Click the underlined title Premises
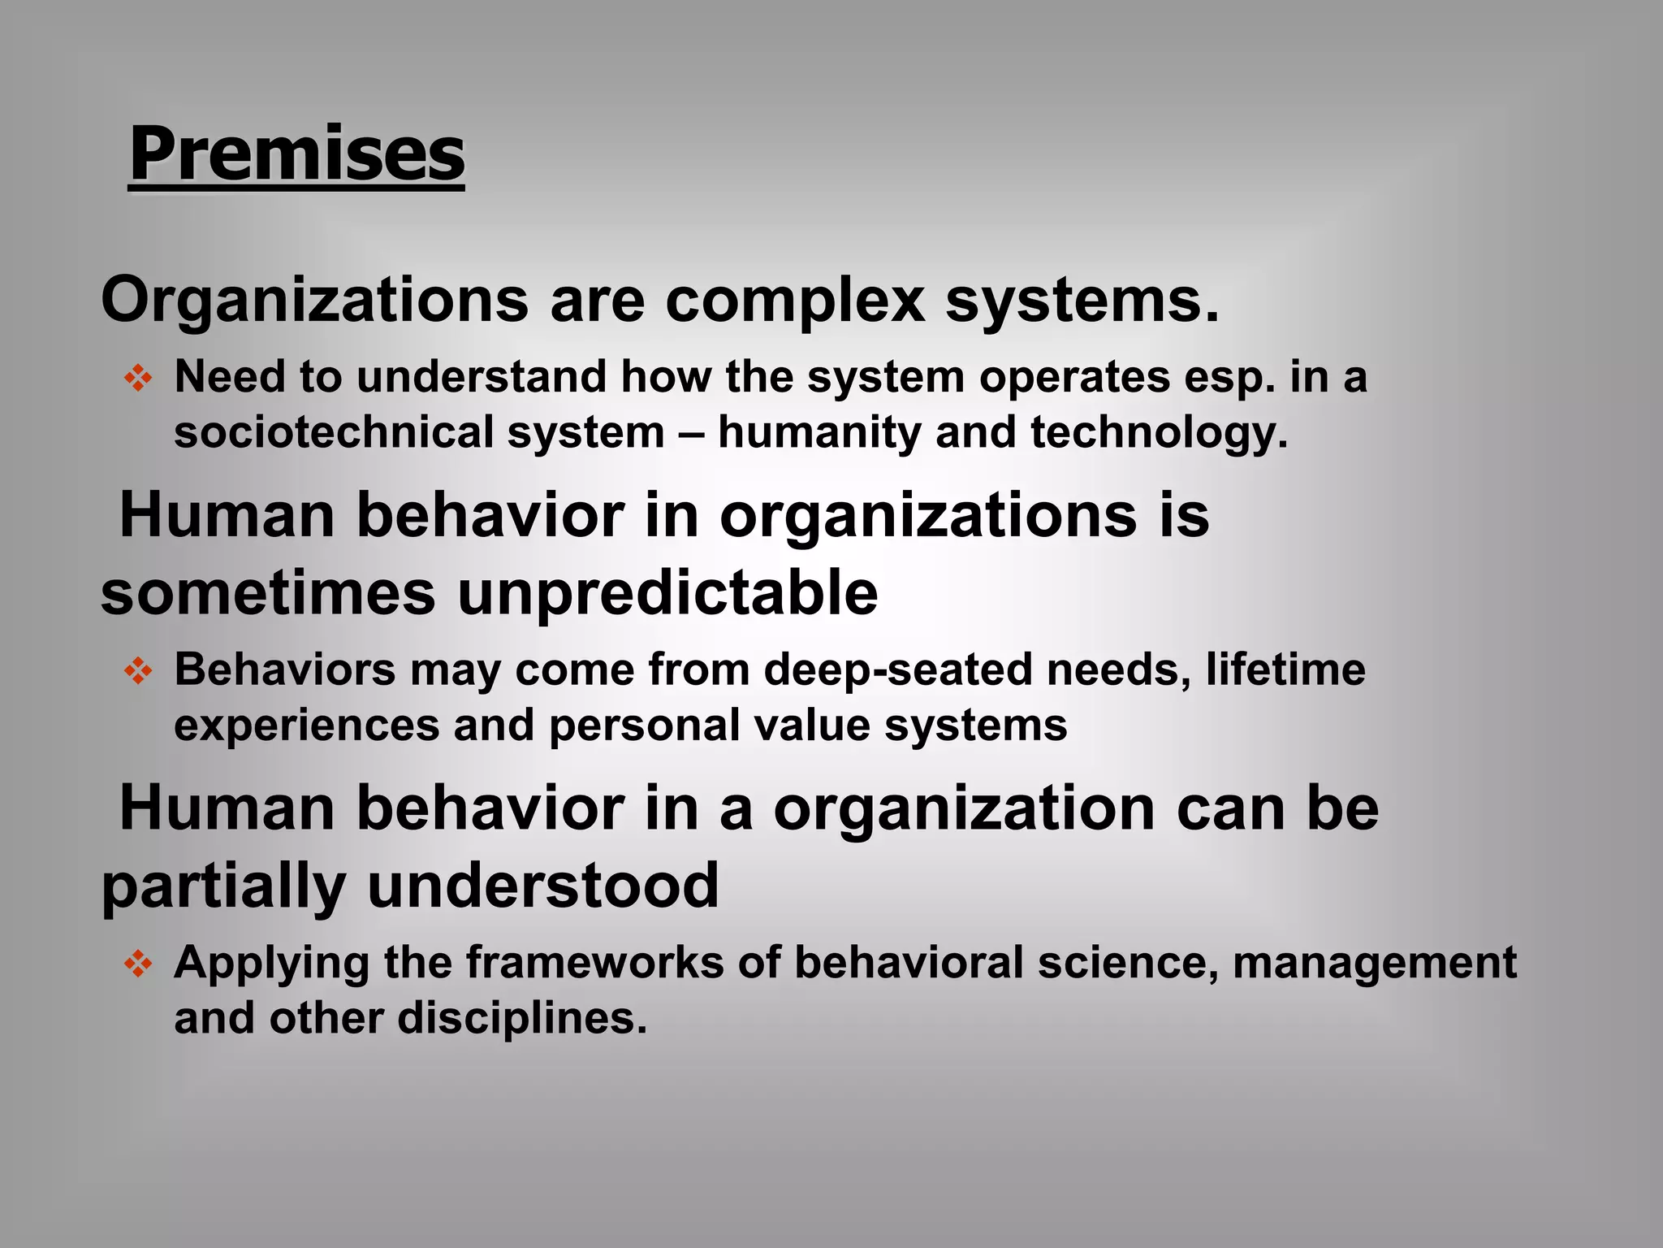click(x=296, y=154)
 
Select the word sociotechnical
click(x=333, y=431)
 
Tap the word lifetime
click(x=1285, y=669)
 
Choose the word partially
click(x=223, y=886)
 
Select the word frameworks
click(x=594, y=963)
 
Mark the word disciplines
click(x=522, y=1018)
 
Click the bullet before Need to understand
click(x=138, y=379)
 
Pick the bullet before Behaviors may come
click(x=138, y=671)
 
